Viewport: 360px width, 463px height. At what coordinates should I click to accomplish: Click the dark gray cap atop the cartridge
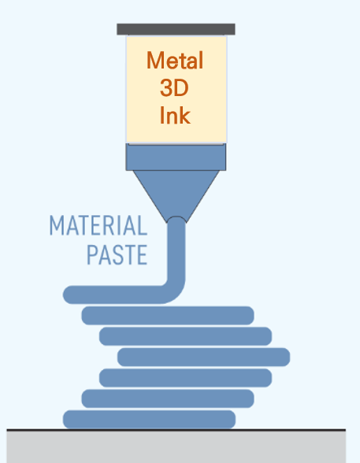click(176, 29)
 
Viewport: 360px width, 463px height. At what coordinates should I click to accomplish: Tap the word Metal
click(175, 61)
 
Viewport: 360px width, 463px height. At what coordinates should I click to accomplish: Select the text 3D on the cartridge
click(174, 88)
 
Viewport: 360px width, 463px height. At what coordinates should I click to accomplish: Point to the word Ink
click(175, 115)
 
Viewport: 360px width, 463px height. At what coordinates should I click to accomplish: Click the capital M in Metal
click(155, 60)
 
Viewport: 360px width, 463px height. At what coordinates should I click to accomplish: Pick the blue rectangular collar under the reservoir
click(176, 157)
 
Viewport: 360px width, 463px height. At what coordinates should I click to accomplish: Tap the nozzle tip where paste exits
click(176, 219)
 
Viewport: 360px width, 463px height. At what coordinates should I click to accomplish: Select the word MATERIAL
click(98, 225)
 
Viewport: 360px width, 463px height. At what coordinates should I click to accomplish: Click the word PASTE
click(117, 254)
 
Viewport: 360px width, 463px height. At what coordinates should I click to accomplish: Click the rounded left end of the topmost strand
click(67, 294)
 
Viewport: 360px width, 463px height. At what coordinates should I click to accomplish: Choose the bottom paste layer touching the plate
click(149, 419)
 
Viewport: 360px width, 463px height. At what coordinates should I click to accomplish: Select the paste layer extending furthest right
click(204, 357)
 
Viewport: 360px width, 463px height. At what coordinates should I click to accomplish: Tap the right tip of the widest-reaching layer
click(289, 357)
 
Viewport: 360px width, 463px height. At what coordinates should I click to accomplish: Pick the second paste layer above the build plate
click(168, 398)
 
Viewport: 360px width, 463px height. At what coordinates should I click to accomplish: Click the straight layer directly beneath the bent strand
click(168, 316)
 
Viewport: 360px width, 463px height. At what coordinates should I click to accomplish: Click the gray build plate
click(176, 447)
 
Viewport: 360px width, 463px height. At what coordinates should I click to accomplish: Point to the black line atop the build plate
click(176, 430)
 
